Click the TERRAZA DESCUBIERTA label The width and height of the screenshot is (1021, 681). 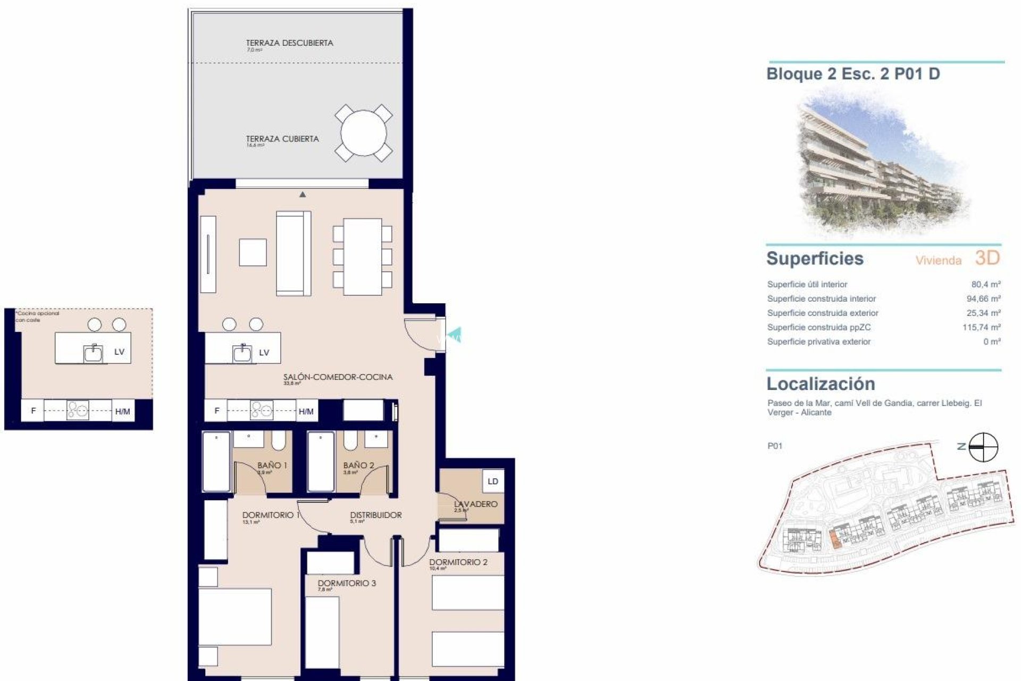pyautogui.click(x=289, y=43)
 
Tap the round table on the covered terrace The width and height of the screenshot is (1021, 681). pyautogui.click(x=364, y=133)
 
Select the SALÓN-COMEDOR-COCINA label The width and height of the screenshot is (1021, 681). pyautogui.click(x=338, y=377)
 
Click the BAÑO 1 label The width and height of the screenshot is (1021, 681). pyautogui.click(x=272, y=466)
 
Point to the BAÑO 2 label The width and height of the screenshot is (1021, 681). pyautogui.click(x=358, y=466)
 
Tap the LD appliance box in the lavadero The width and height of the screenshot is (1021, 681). pyautogui.click(x=492, y=481)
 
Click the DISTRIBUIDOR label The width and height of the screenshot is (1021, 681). pyautogui.click(x=375, y=515)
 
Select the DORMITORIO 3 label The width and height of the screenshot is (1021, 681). pyautogui.click(x=346, y=583)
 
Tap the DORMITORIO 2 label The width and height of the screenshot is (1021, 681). pyautogui.click(x=458, y=562)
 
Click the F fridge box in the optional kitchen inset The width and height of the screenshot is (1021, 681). pyautogui.click(x=34, y=411)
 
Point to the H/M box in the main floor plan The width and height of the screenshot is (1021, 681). pyautogui.click(x=306, y=411)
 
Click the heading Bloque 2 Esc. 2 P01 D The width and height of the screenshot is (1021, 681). pyautogui.click(x=852, y=74)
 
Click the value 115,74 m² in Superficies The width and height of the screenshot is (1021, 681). pyautogui.click(x=981, y=328)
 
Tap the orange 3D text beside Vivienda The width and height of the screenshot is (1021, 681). pyautogui.click(x=987, y=258)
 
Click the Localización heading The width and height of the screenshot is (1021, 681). pyautogui.click(x=820, y=384)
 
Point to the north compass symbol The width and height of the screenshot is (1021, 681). pyautogui.click(x=983, y=447)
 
